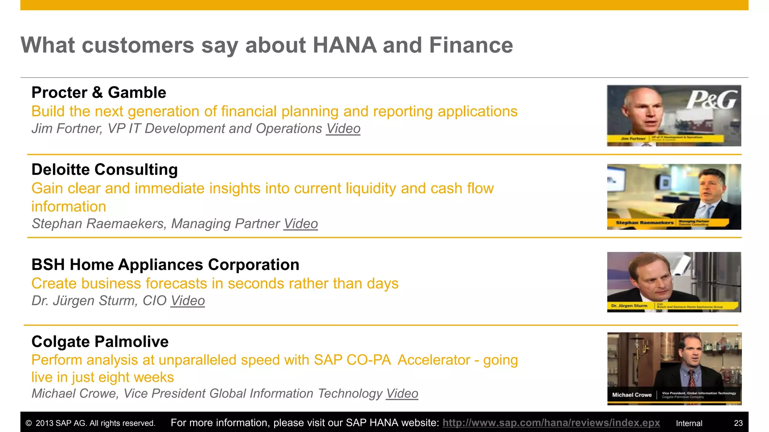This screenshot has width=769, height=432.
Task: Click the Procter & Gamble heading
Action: point(98,93)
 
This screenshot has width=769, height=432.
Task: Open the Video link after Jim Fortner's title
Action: point(343,129)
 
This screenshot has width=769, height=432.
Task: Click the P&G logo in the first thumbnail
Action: point(712,100)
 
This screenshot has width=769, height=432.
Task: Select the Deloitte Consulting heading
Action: point(104,169)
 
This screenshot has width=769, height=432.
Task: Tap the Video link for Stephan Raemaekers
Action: point(300,223)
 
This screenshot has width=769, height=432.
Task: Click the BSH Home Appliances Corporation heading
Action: point(165,265)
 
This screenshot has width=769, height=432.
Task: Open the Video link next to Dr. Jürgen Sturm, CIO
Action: point(187,301)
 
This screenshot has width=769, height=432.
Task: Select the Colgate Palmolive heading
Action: point(100,342)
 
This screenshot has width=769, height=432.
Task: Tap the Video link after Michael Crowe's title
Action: point(402,393)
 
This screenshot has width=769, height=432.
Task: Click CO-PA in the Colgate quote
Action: point(368,360)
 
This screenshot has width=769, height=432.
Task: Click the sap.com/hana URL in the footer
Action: point(551,423)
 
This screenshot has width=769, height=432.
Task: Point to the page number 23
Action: point(738,423)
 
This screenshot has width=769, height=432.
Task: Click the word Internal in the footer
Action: point(689,423)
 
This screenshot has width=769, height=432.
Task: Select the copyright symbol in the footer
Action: point(29,423)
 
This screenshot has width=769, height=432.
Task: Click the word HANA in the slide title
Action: point(344,45)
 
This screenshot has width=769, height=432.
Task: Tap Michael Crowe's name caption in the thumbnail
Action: point(632,395)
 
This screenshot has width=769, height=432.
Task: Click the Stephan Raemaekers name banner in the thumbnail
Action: point(644,223)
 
